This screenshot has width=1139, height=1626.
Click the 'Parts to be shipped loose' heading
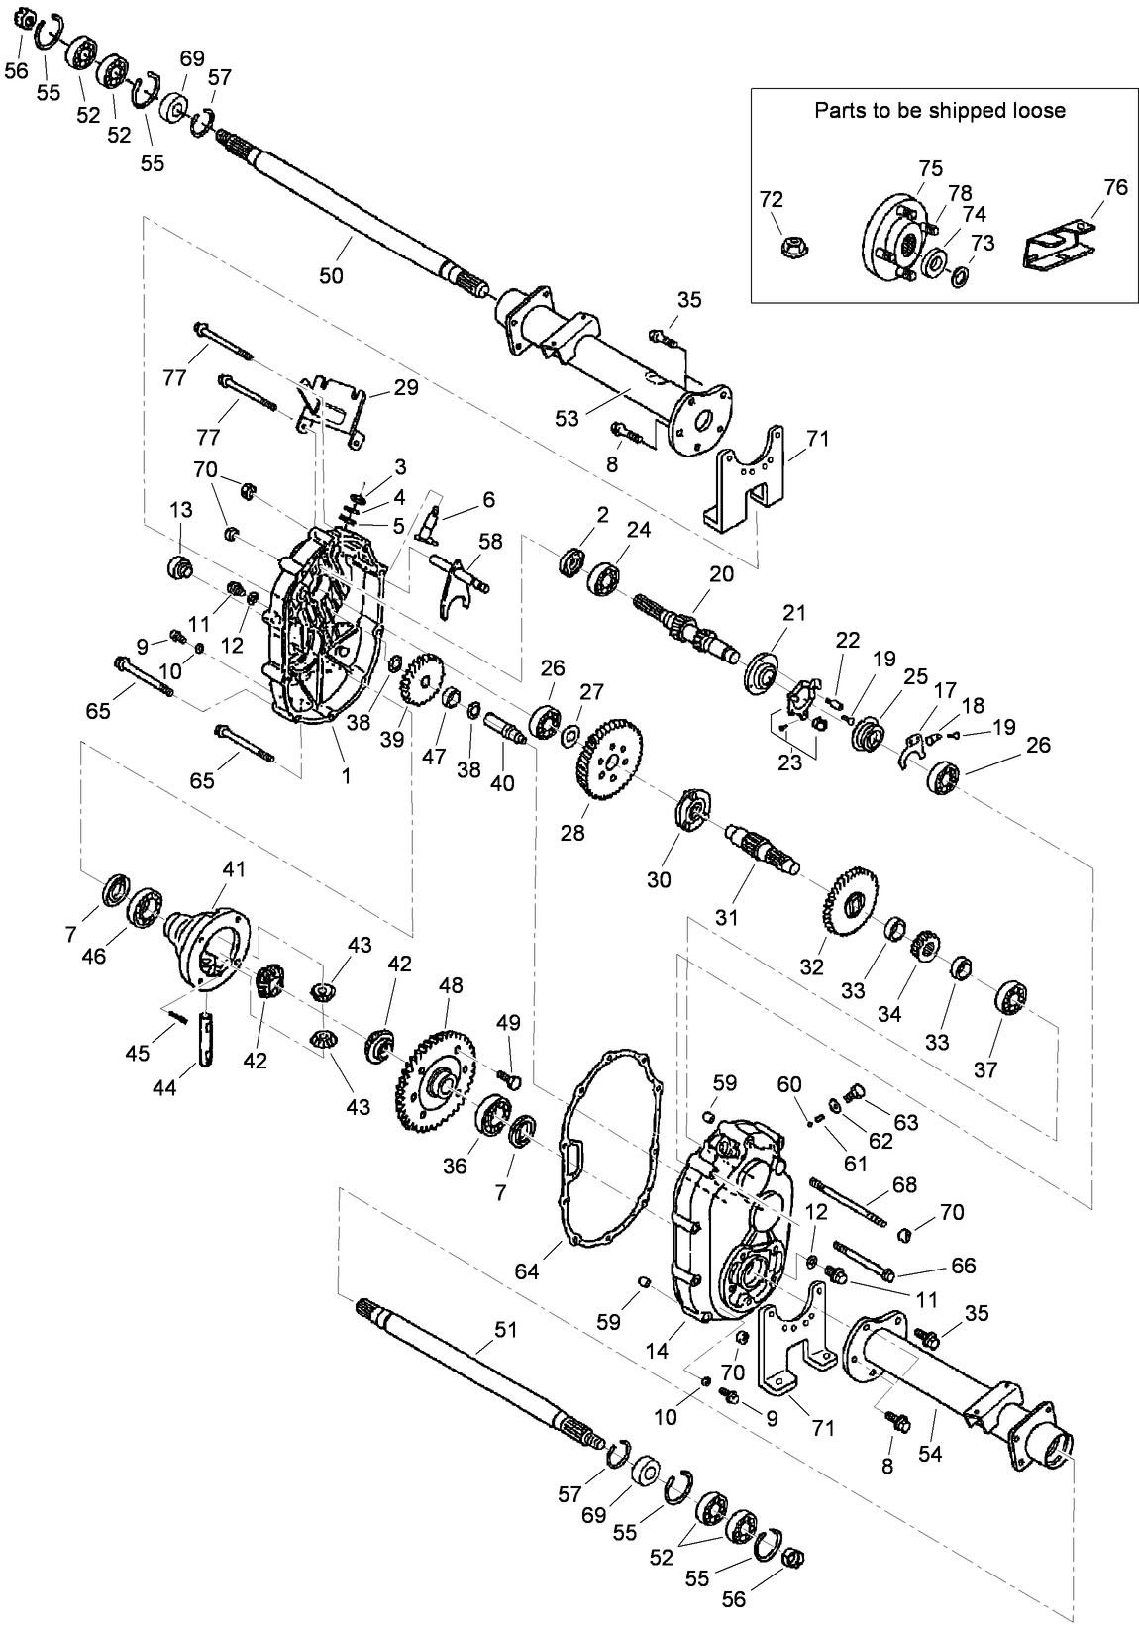939,110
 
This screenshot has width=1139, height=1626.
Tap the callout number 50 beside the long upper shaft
331,276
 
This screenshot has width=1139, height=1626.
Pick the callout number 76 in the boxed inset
1115,187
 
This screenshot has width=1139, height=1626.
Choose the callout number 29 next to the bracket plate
406,388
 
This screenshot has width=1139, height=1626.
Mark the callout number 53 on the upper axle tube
567,419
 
